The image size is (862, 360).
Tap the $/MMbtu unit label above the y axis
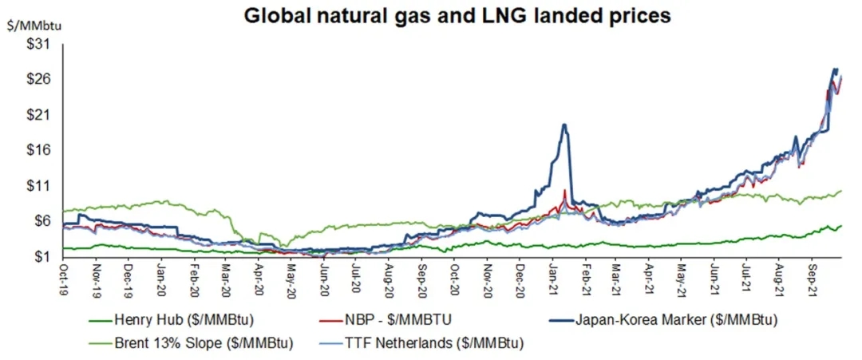tap(33, 26)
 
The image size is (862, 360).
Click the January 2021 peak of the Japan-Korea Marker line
tap(564, 125)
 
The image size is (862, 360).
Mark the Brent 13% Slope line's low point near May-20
tap(281, 247)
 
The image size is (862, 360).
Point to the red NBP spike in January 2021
tap(565, 190)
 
